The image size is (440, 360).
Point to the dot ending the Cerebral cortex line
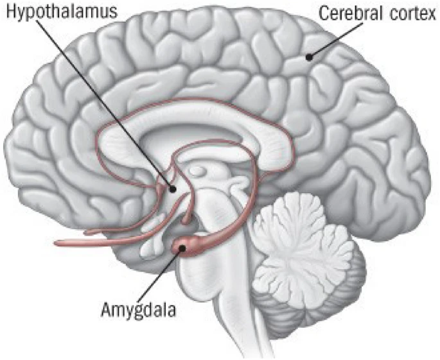pyautogui.click(x=310, y=57)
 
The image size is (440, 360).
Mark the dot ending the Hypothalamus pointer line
pyautogui.click(x=172, y=189)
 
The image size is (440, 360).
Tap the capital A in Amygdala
pyautogui.click(x=104, y=309)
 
